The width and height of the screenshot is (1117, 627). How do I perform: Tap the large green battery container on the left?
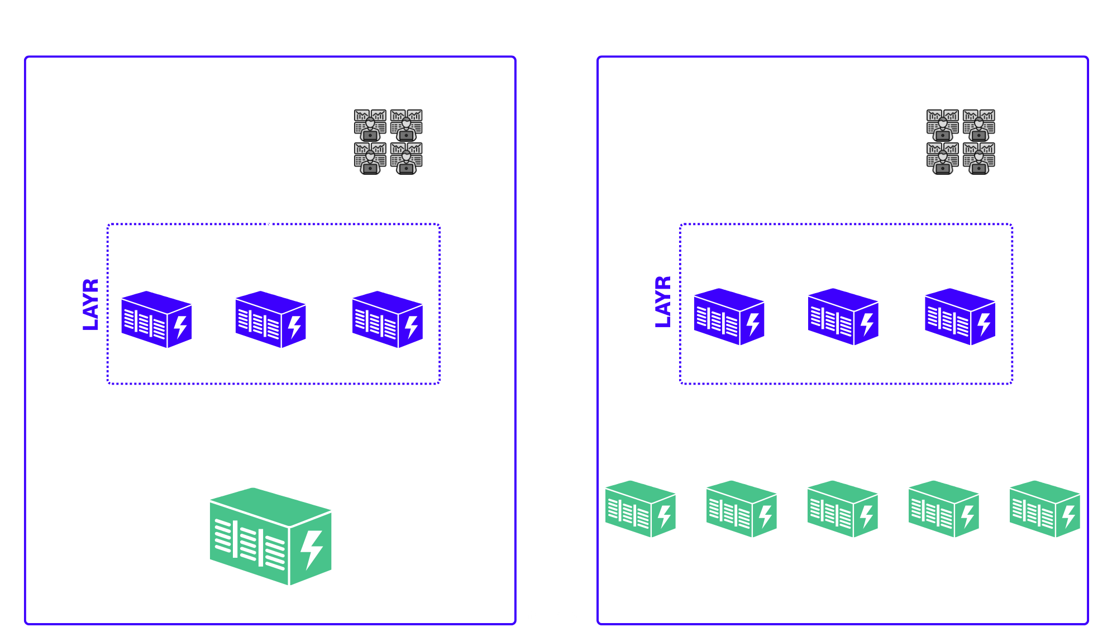pyautogui.click(x=270, y=537)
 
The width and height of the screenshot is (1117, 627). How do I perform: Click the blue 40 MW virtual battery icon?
pyautogui.click(x=843, y=317)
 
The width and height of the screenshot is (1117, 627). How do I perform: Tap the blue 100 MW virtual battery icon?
pyautogui.click(x=387, y=319)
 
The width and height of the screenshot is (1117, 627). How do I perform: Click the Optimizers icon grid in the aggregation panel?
pyautogui.click(x=961, y=141)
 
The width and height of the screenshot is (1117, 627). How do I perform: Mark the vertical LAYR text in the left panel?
pyautogui.click(x=91, y=305)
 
